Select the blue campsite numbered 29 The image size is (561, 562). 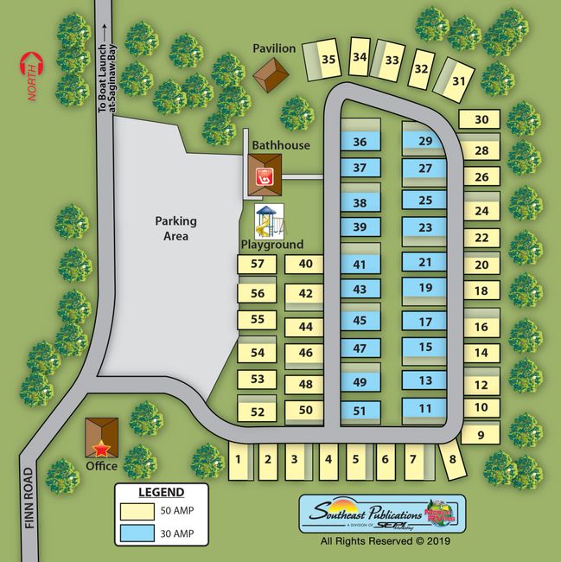424,141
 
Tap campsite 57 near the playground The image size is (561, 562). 257,264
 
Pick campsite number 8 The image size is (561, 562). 452,460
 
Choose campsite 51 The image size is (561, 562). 360,411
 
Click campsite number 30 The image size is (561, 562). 481,120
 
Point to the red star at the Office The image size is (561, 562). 102,449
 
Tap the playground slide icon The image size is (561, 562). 269,221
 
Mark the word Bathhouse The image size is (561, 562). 281,145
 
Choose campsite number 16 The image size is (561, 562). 481,327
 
